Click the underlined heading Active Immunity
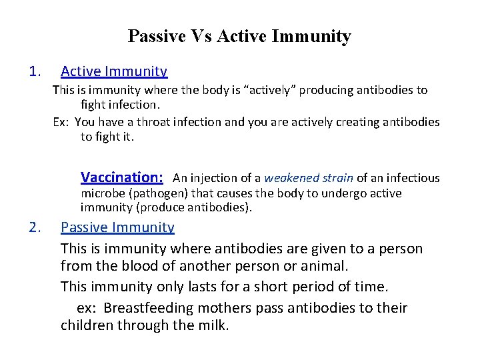(114, 71)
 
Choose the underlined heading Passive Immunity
(117, 227)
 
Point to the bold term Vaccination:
(122, 177)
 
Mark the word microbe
(101, 193)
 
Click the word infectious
(411, 178)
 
